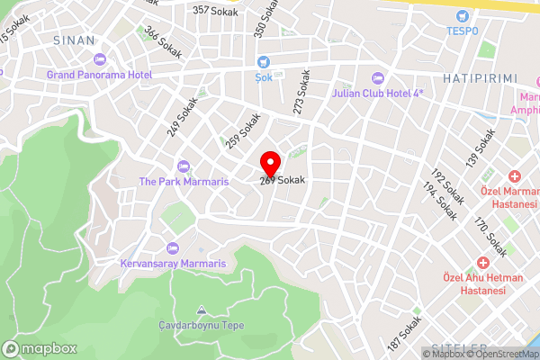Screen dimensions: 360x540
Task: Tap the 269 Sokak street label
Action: (x=282, y=180)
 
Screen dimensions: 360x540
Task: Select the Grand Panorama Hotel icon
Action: (x=99, y=58)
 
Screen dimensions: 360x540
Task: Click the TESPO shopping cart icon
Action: (x=463, y=15)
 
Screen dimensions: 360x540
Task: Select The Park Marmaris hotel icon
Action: (x=184, y=166)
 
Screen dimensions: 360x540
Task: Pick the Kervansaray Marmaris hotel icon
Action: (x=173, y=247)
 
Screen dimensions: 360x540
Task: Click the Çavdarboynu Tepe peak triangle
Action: (x=200, y=310)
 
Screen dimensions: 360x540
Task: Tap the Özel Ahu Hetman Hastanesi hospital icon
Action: (x=483, y=262)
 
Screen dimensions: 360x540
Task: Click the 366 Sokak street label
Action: (x=163, y=42)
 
